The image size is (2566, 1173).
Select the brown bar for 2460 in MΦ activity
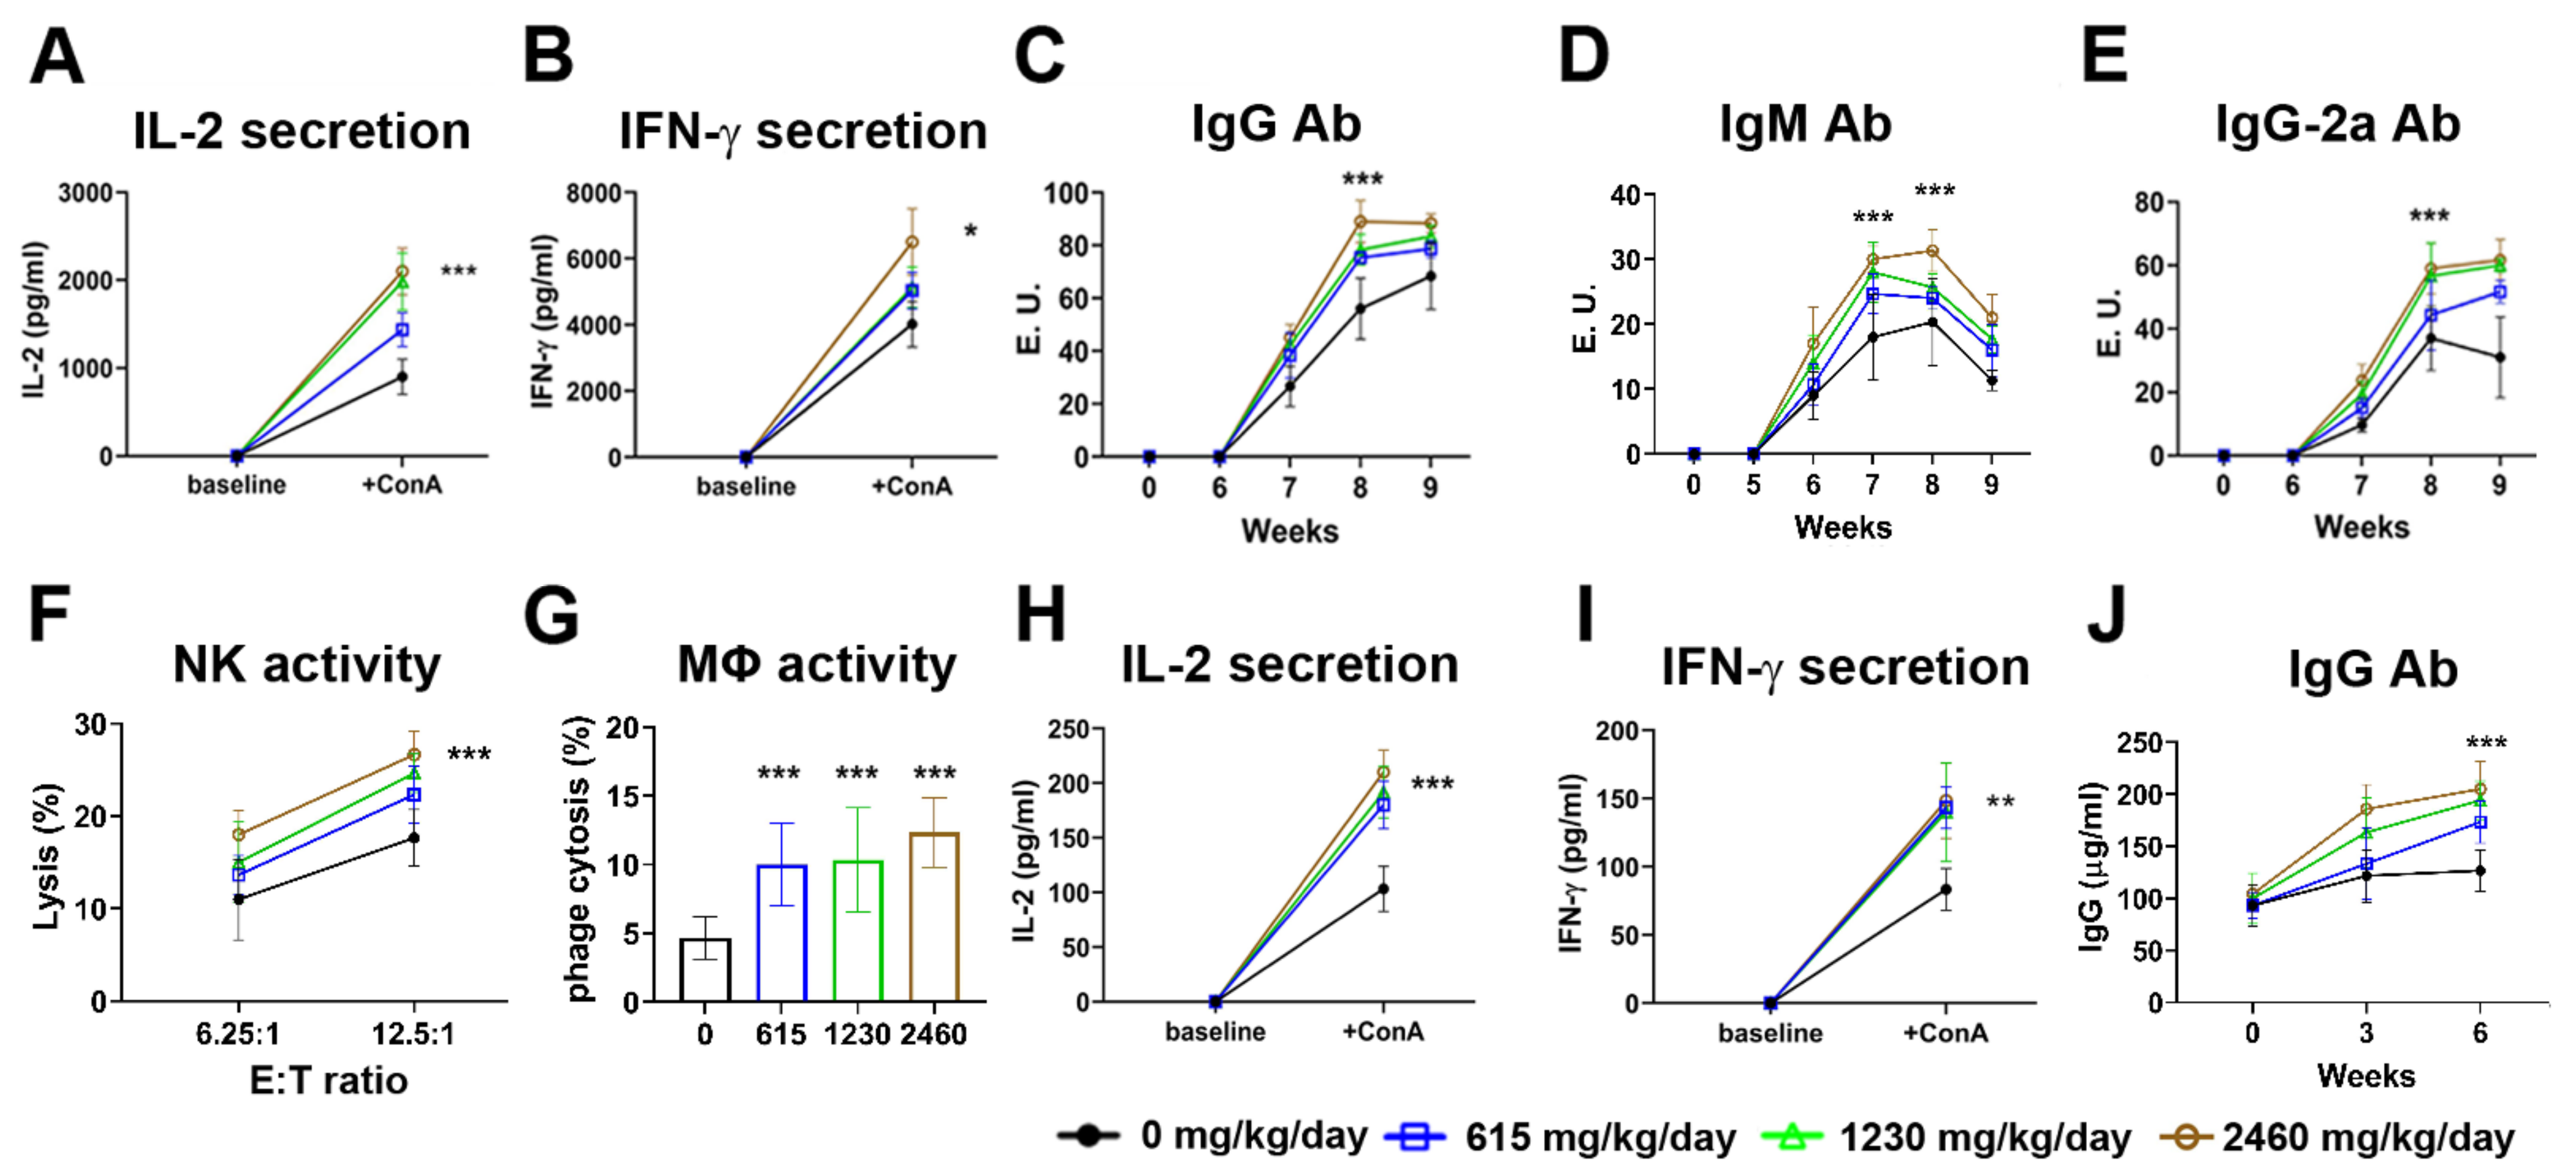pyautogui.click(x=934, y=916)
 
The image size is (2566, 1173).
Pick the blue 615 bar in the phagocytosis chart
pyautogui.click(x=782, y=933)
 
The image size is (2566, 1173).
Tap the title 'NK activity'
pyautogui.click(x=307, y=665)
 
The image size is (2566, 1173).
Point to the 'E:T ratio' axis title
pyautogui.click(x=329, y=1080)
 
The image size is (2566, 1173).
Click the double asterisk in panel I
pyautogui.click(x=2001, y=802)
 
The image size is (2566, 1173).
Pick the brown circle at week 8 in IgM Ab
pyautogui.click(x=1932, y=251)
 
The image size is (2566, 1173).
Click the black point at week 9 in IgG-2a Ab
pyautogui.click(x=2499, y=358)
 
